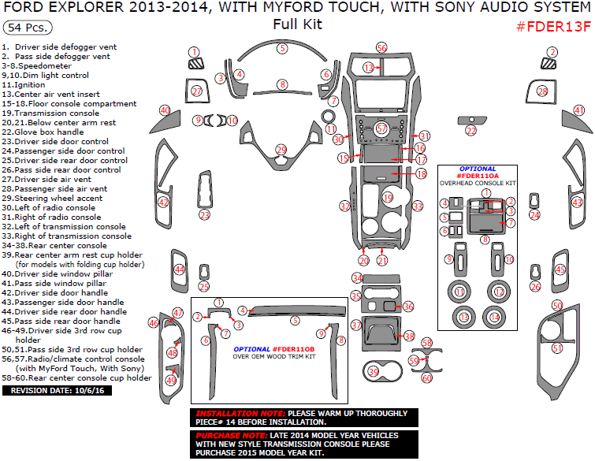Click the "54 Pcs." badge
coord(28,28)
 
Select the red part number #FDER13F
coord(554,27)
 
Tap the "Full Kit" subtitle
coord(298,24)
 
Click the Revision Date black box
coord(57,390)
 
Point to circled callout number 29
coord(281,150)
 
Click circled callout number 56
coord(381,48)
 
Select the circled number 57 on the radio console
coord(381,128)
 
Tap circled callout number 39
coord(374,372)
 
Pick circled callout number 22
coord(471,131)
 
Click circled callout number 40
coord(165,110)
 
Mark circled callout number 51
coord(557,348)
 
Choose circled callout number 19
coord(388,198)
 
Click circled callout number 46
coord(154,323)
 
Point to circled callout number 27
coord(196,91)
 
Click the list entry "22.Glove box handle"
coord(43,132)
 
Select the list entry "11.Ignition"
coord(24,85)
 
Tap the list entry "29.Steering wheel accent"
coord(52,199)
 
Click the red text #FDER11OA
coord(478,176)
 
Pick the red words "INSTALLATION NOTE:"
coord(240,414)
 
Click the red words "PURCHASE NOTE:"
coord(232,436)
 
